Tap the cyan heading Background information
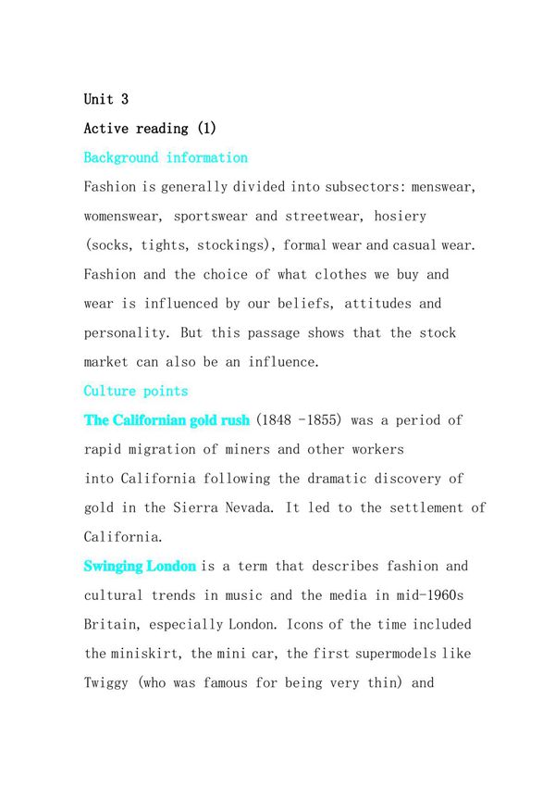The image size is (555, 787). click(166, 157)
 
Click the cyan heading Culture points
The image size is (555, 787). click(136, 391)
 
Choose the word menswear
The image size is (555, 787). click(444, 187)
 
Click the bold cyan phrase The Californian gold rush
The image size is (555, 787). click(166, 420)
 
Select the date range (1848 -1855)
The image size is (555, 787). click(298, 420)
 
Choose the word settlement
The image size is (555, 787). click(422, 507)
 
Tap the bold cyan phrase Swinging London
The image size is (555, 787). click(140, 566)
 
